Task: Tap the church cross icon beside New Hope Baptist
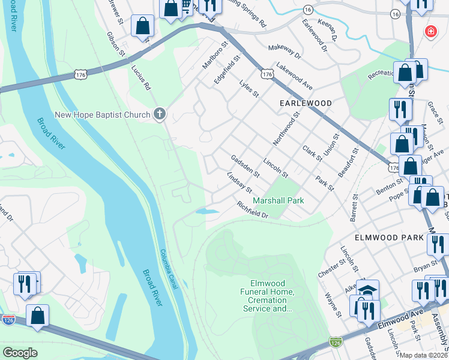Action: pyautogui.click(x=159, y=113)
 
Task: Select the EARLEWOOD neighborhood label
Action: pyautogui.click(x=306, y=103)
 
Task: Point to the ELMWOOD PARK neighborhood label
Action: pyautogui.click(x=389, y=238)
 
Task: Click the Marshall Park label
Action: pyautogui.click(x=278, y=200)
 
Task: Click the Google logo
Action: pyautogui.click(x=20, y=352)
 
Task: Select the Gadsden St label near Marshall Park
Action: pyautogui.click(x=245, y=166)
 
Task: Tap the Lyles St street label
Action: pyautogui.click(x=248, y=89)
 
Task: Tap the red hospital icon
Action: pyautogui.click(x=430, y=31)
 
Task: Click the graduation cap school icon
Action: pyautogui.click(x=367, y=290)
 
